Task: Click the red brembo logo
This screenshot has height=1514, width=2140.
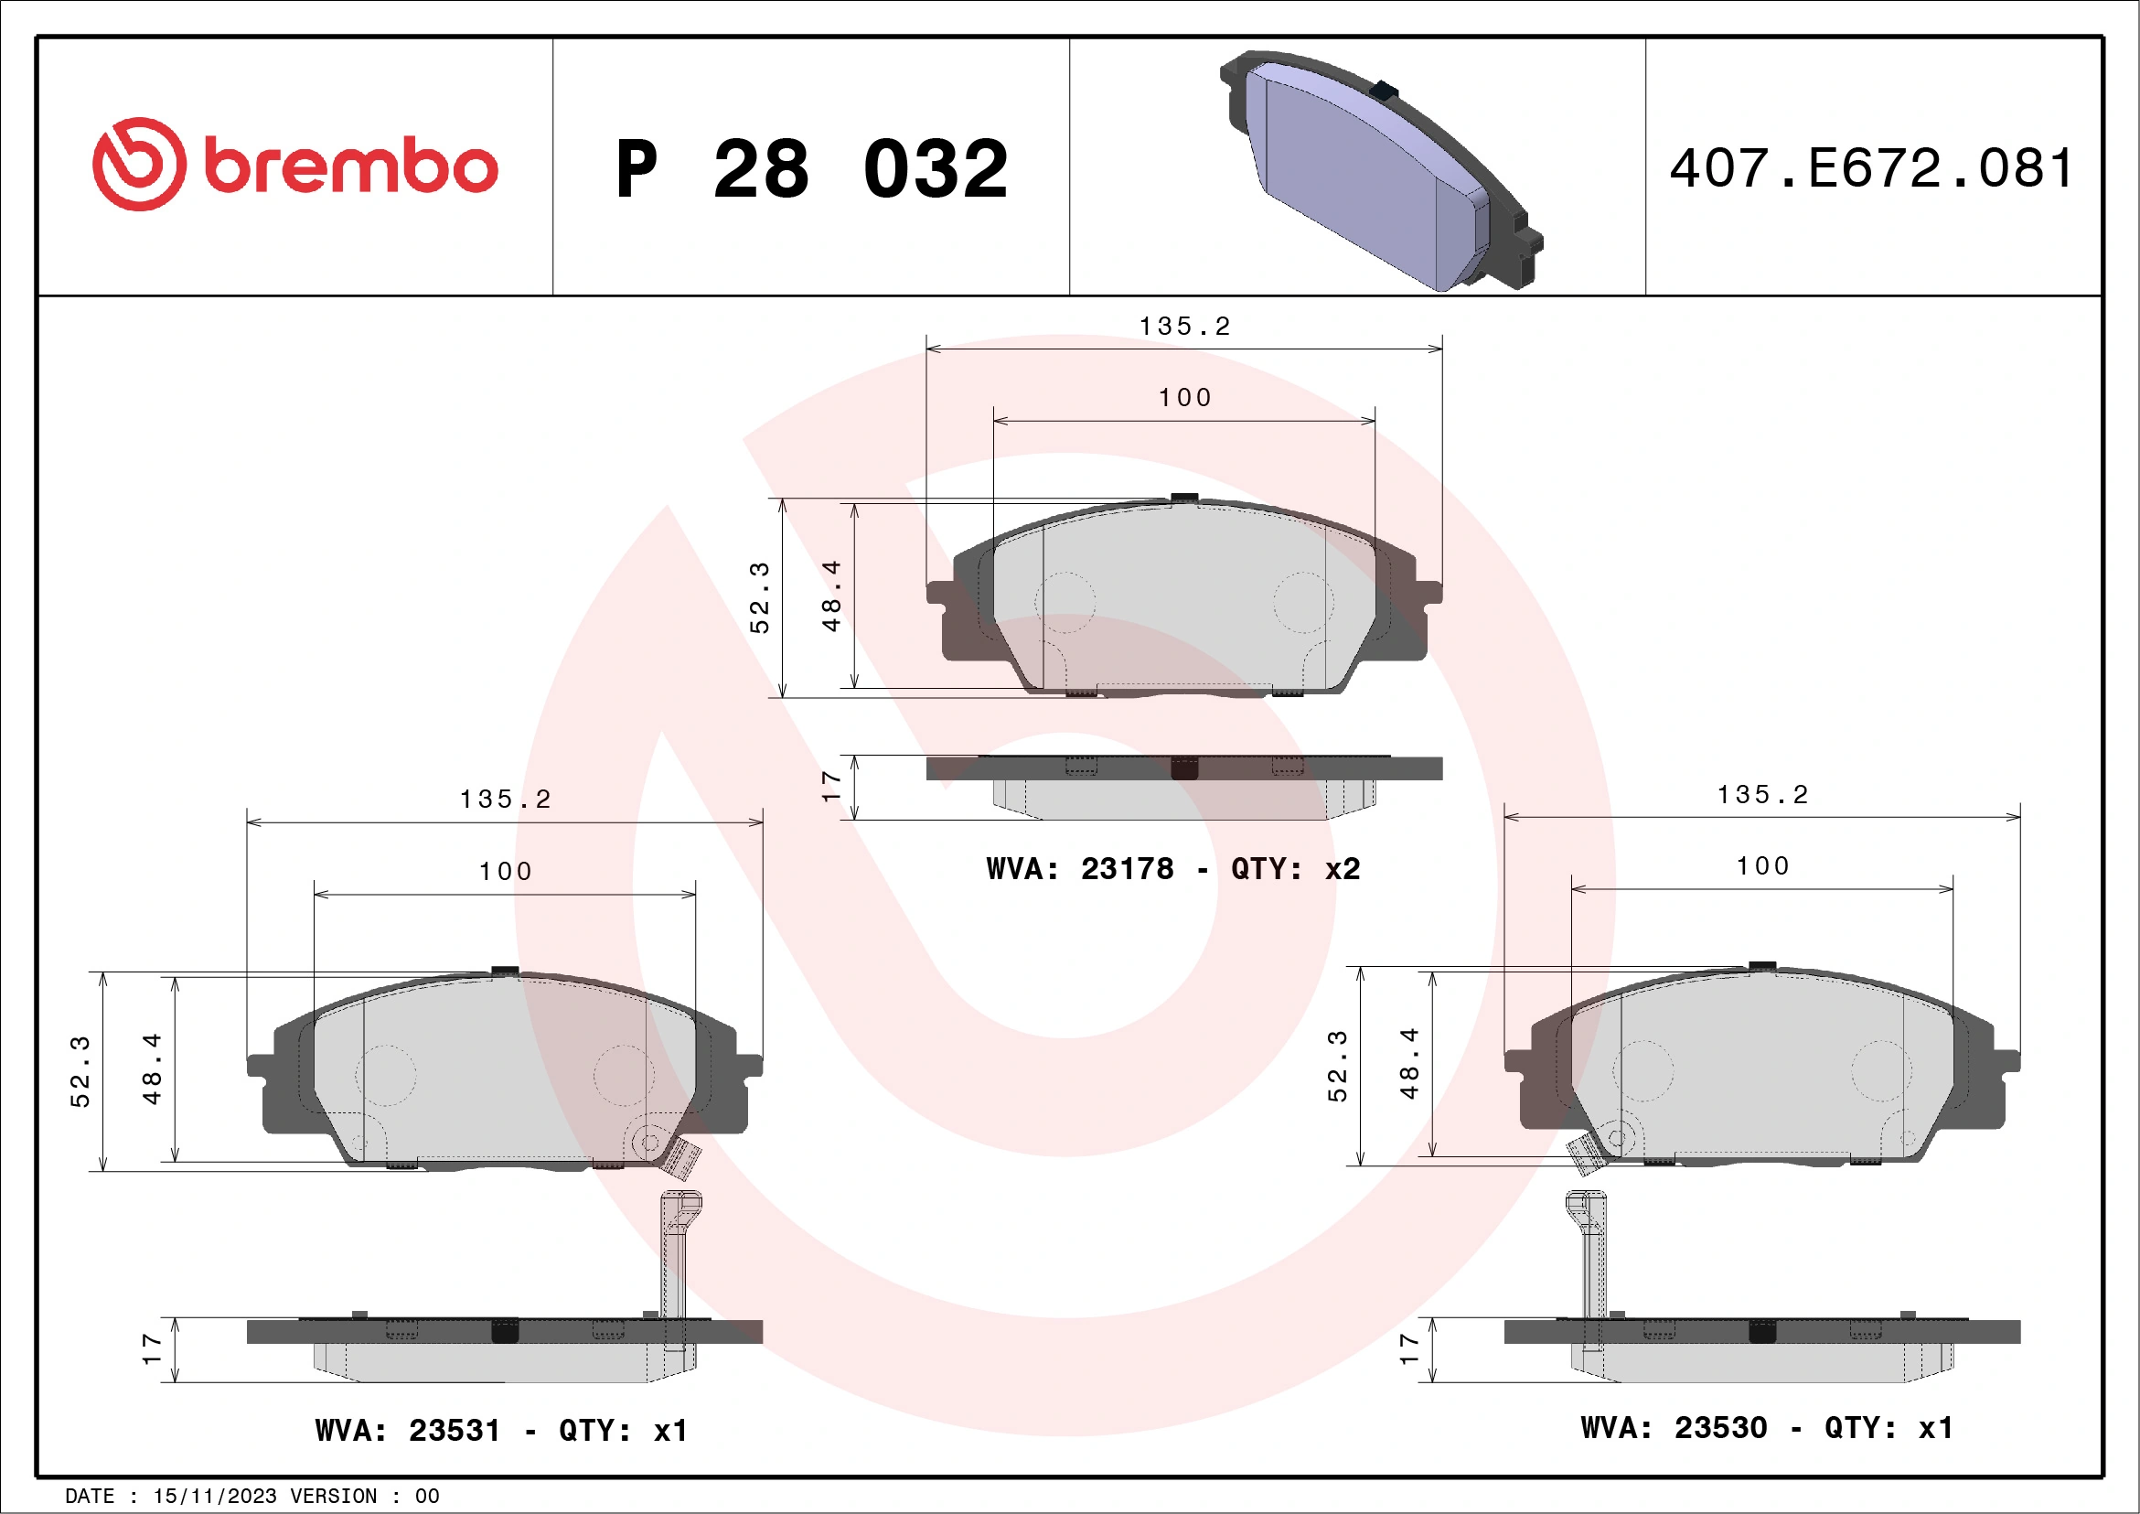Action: (x=294, y=165)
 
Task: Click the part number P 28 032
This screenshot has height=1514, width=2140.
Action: (x=811, y=168)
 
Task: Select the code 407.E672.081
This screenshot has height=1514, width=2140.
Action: (x=1871, y=168)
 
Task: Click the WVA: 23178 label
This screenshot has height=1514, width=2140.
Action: (x=1079, y=869)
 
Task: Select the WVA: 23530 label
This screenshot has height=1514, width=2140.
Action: (x=1673, y=1427)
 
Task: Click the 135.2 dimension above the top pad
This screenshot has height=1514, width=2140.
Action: (x=1184, y=327)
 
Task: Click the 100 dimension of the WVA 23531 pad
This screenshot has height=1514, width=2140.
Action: (x=505, y=872)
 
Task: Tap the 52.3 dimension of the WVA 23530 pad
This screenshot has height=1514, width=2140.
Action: (x=1337, y=1066)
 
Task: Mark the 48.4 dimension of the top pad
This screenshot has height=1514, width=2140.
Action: (x=831, y=596)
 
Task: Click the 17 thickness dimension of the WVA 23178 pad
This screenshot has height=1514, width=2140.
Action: (x=831, y=786)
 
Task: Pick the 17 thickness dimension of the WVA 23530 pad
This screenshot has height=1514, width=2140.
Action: (x=1408, y=1349)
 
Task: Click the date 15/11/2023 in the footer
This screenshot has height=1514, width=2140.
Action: (x=214, y=1497)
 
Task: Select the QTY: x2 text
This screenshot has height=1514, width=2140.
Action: (x=1296, y=869)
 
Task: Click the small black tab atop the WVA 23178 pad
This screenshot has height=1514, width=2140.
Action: (x=1183, y=497)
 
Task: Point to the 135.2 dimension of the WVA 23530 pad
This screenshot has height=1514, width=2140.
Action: (x=1762, y=794)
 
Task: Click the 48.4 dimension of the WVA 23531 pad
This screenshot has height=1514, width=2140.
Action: (x=152, y=1068)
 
